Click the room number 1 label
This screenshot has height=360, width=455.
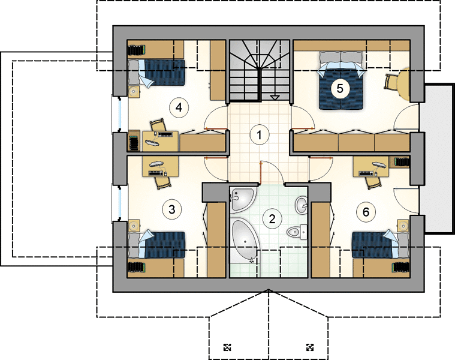click(x=260, y=135)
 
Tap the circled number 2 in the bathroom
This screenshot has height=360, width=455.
click(x=272, y=219)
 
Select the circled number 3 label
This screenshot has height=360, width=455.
click(x=172, y=209)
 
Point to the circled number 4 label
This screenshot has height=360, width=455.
click(x=179, y=108)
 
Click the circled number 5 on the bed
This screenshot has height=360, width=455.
click(x=340, y=88)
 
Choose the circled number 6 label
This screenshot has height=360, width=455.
click(x=366, y=212)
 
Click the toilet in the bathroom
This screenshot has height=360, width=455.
click(x=297, y=232)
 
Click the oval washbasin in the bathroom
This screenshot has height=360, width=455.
click(x=302, y=205)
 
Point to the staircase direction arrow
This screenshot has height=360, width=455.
click(x=275, y=97)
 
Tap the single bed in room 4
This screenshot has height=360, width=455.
click(x=156, y=72)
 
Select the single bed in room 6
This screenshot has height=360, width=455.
click(x=381, y=244)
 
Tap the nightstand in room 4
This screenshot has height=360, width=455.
click(x=134, y=91)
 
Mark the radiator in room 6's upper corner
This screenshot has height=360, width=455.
click(x=402, y=162)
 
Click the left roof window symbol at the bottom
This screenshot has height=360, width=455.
click(x=227, y=347)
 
